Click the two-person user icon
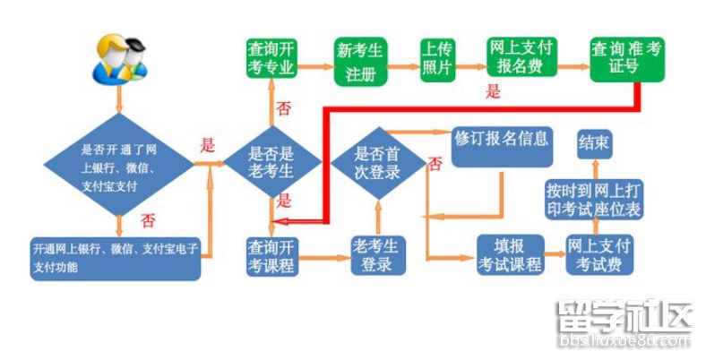[118, 58]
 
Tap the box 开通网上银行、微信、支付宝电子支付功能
[116, 256]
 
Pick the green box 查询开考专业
[271, 60]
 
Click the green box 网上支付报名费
[522, 58]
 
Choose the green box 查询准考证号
[627, 59]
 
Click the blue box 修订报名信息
[502, 145]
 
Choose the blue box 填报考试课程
[509, 255]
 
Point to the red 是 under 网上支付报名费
[492, 90]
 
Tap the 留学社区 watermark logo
[624, 321]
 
